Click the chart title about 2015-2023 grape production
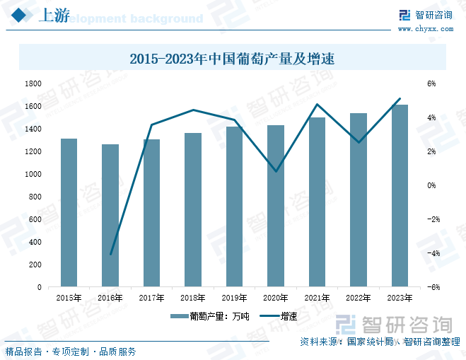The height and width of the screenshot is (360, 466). coord(232,59)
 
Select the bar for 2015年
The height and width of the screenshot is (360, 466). coord(69,212)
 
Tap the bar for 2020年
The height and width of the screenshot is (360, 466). coord(276,205)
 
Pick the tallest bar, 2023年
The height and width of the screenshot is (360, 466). coord(400,196)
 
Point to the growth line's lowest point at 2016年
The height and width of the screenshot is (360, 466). coord(110,253)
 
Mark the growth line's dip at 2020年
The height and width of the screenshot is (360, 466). coord(276,171)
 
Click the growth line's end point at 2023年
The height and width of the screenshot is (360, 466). coord(400,99)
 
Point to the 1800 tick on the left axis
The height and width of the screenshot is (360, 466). coord(33,83)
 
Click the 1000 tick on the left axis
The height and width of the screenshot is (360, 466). coord(33,174)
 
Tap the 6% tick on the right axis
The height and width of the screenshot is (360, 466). coord(431,83)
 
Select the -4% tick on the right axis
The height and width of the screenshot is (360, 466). coord(430,253)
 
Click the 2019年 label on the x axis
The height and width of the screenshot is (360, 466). coord(235,298)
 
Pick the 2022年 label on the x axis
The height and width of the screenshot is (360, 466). coord(359,298)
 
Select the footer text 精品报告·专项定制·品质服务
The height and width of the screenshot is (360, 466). coord(71,352)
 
